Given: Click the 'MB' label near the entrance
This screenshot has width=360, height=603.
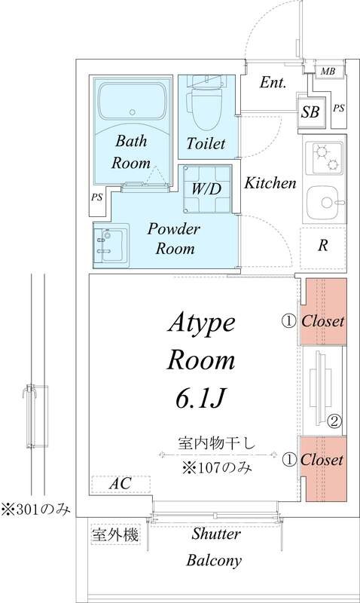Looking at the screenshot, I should [328, 72].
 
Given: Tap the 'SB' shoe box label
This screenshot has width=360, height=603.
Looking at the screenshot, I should [310, 112].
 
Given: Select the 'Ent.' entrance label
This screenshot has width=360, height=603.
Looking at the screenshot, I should [272, 84].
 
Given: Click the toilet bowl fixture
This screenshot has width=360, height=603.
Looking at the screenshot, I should [206, 109].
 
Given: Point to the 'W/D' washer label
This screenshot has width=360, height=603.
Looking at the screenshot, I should [205, 188].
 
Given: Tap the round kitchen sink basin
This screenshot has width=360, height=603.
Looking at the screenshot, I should [324, 202].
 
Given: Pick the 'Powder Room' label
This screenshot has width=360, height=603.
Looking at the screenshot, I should [172, 237].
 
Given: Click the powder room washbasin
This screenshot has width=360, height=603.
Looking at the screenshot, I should [109, 245].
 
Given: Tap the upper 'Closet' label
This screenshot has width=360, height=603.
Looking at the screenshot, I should [323, 321].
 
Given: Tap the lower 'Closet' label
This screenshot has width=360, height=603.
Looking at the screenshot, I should [323, 459].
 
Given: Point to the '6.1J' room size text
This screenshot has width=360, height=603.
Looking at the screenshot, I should [201, 396].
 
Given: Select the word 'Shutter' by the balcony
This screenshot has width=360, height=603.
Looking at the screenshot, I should [215, 534].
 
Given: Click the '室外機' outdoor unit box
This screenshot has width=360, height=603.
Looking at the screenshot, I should [114, 535].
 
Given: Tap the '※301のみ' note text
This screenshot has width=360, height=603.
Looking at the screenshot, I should [35, 509].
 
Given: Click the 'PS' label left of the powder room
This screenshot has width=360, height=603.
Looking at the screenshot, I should [96, 198].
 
